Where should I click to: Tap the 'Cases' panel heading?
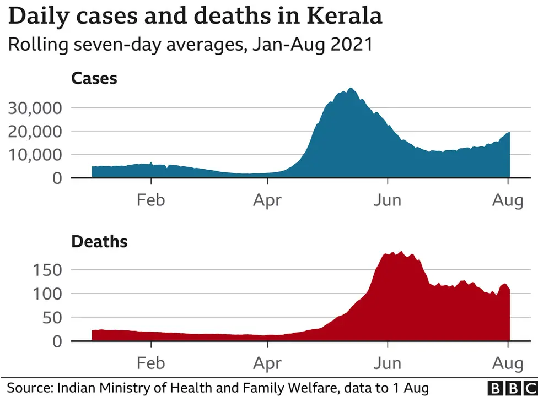tap(94, 78)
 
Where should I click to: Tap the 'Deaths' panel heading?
tap(99, 241)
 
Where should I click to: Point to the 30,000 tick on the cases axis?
tap(34, 107)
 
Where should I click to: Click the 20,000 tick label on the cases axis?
tap(34, 131)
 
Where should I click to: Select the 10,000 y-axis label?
tap(34, 155)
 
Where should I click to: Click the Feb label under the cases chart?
tap(150, 200)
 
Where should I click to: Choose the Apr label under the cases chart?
tap(267, 200)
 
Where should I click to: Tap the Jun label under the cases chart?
tap(387, 200)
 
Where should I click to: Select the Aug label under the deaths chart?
tap(508, 363)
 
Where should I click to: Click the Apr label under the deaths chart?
tap(267, 363)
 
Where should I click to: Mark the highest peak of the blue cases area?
tap(351, 89)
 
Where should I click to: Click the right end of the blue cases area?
tap(509, 133)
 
